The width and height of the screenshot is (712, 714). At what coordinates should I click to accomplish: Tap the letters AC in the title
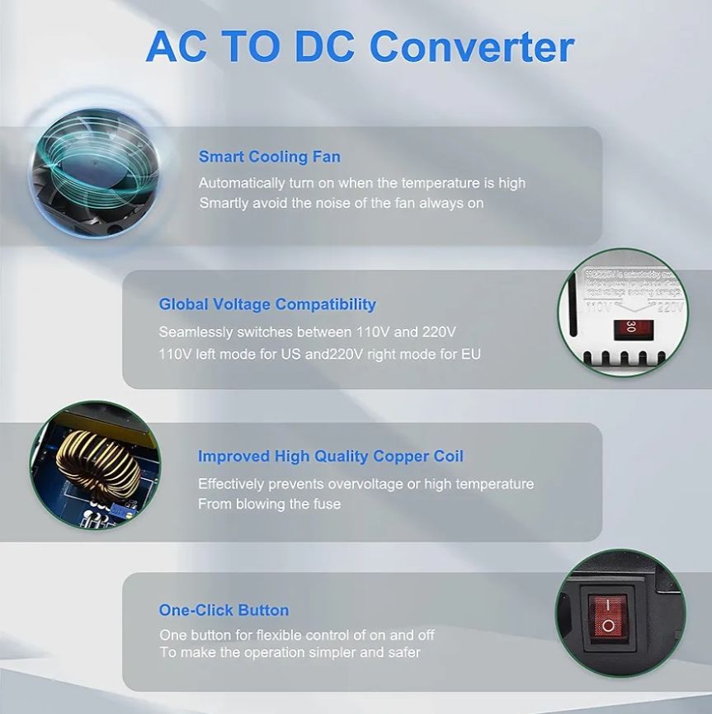177,47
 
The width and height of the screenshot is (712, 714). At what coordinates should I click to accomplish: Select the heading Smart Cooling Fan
269,157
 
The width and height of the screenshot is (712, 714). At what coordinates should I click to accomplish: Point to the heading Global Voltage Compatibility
267,304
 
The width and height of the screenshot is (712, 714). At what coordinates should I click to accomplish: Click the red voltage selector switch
630,327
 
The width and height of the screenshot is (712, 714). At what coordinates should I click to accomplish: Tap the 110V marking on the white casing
599,308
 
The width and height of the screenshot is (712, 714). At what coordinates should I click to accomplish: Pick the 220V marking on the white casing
671,308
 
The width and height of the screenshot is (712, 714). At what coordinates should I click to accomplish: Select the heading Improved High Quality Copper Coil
331,456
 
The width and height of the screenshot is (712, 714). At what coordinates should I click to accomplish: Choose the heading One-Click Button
224,610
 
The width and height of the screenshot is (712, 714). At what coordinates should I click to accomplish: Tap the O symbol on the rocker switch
608,626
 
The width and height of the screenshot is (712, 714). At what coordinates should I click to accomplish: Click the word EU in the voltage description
471,354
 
